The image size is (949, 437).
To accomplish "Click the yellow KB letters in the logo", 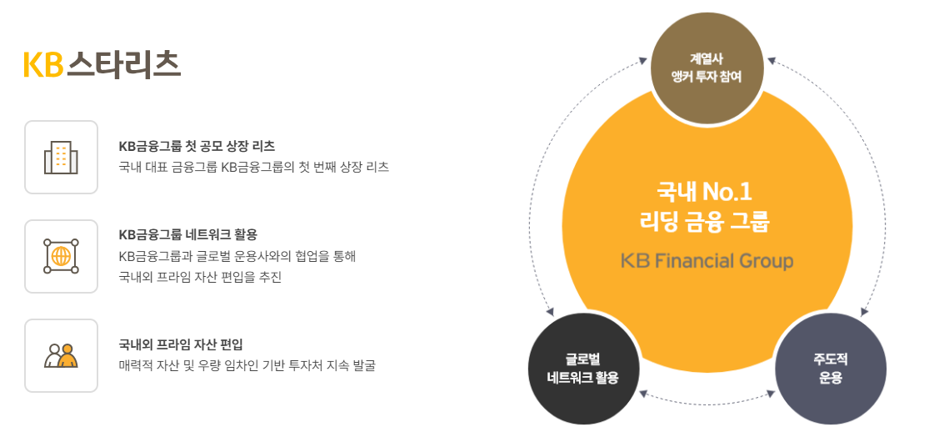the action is click(43, 64).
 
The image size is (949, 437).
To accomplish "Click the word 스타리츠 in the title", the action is click(123, 64).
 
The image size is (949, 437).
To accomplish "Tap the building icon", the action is click(61, 157).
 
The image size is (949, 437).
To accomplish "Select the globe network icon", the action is click(61, 256).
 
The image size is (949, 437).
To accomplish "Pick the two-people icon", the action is click(61, 355).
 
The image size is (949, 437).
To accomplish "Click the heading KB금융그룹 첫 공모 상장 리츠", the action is click(197, 146).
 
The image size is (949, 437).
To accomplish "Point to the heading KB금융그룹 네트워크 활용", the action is click(188, 234).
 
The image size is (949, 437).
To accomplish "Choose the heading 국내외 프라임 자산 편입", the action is click(181, 344).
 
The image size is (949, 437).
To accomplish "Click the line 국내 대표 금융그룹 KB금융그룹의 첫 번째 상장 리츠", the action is click(253, 167).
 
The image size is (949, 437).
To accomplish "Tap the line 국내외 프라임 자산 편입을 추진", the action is click(200, 277).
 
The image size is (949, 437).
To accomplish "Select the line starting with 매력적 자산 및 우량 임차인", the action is click(247, 365).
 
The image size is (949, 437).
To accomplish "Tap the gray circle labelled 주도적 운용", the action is click(830, 368).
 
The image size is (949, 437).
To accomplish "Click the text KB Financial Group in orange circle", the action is click(707, 261).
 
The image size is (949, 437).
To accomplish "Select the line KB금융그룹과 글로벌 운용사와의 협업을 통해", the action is click(237, 256).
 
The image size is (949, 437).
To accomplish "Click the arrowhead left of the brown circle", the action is click(642, 61).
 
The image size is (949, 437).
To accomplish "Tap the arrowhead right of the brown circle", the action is click(772, 61).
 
